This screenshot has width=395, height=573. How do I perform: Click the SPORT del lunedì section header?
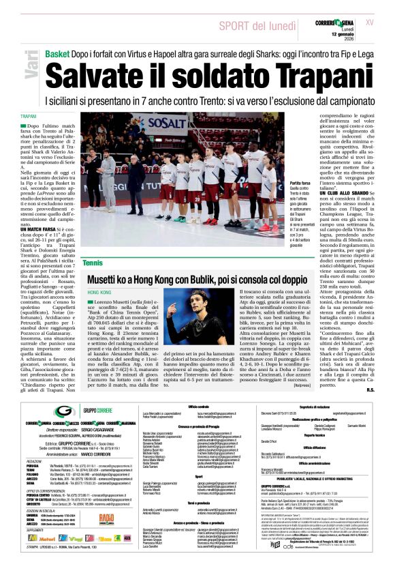(257, 25)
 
